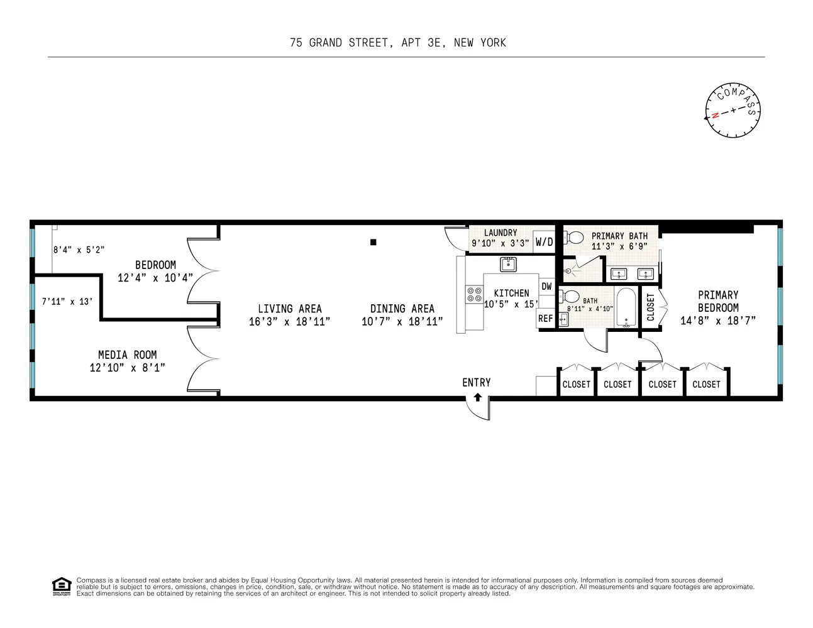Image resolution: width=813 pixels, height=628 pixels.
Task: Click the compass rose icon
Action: (x=733, y=111)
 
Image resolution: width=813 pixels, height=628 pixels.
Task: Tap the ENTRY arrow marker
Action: (x=477, y=397)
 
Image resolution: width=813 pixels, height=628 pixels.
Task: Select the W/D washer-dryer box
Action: (x=544, y=242)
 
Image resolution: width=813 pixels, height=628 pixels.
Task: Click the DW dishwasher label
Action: (x=546, y=287)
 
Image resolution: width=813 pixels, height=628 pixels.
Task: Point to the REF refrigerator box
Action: (x=545, y=319)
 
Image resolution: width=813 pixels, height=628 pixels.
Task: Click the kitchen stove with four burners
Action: (x=473, y=295)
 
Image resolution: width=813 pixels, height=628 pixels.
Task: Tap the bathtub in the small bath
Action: (x=626, y=307)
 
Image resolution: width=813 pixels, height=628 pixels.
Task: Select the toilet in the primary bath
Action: (x=573, y=238)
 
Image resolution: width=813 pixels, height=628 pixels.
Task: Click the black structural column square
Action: (x=373, y=242)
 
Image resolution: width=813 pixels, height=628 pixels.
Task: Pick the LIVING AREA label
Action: (x=289, y=309)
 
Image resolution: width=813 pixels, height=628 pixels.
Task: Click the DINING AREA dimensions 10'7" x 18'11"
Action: (x=402, y=321)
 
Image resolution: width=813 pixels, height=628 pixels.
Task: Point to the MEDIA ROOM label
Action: (x=127, y=355)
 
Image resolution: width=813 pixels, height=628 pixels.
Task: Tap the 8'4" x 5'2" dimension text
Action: (x=79, y=250)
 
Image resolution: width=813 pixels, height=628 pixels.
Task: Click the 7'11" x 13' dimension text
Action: (x=67, y=301)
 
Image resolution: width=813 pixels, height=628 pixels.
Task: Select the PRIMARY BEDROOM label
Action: (x=718, y=301)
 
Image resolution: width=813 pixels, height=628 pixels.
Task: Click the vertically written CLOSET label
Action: (x=650, y=307)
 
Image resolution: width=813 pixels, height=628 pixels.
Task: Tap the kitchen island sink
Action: (x=508, y=264)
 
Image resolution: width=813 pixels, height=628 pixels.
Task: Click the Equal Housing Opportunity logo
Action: (x=61, y=586)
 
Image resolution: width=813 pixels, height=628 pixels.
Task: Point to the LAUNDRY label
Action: (x=501, y=233)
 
